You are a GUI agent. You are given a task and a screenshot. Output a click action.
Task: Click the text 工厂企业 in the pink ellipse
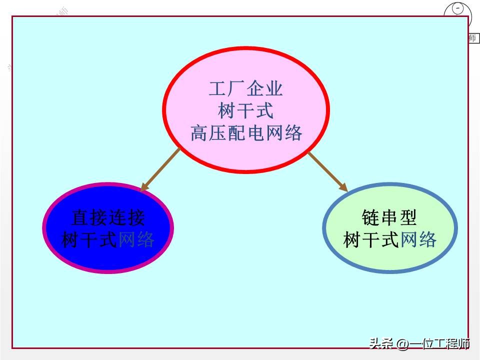[246, 89]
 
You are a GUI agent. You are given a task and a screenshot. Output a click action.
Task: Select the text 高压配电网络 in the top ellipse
[246, 133]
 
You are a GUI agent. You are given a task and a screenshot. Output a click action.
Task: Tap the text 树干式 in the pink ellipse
[246, 111]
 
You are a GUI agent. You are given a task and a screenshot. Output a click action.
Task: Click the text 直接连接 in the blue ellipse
[108, 218]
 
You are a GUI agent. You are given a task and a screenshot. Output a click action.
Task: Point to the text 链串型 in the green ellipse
[389, 217]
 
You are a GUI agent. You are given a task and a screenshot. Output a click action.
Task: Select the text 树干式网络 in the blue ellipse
[108, 240]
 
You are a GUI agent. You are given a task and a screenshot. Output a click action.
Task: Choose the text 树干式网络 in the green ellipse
[390, 240]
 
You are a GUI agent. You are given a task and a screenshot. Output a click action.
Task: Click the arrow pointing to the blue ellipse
[160, 170]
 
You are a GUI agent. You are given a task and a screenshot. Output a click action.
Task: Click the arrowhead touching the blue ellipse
[144, 187]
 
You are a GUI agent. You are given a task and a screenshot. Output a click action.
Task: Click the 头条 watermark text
[380, 344]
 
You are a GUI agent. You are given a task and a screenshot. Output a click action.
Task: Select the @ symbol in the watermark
[402, 344]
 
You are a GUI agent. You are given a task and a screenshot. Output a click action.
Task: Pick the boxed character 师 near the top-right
[472, 38]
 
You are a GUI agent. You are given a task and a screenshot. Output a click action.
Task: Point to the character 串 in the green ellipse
[389, 217]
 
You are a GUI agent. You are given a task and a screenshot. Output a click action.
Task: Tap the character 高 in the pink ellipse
[199, 133]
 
